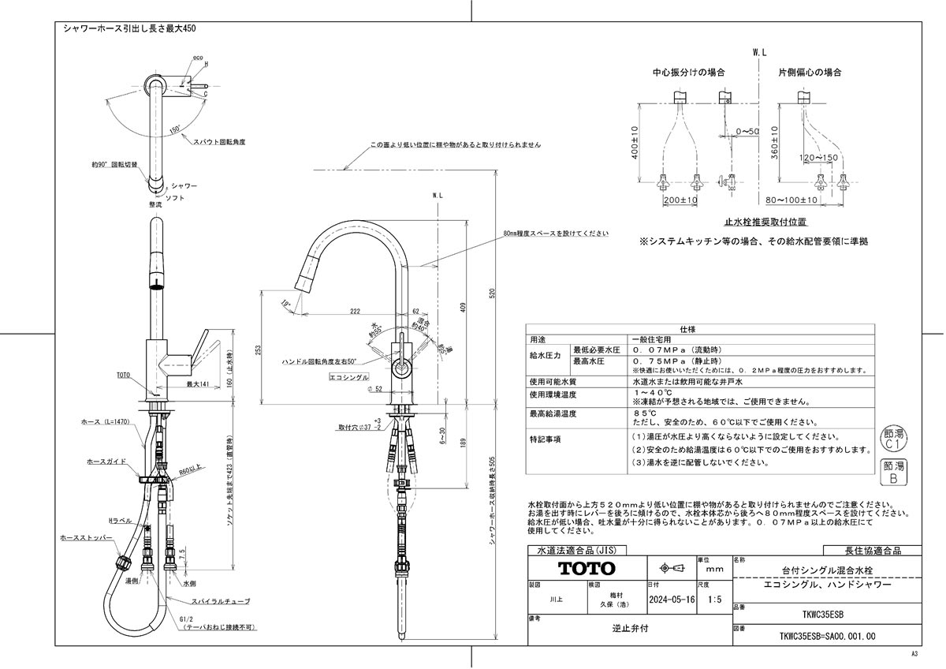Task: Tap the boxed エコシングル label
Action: pos(348,378)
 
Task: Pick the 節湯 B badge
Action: pos(894,472)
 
